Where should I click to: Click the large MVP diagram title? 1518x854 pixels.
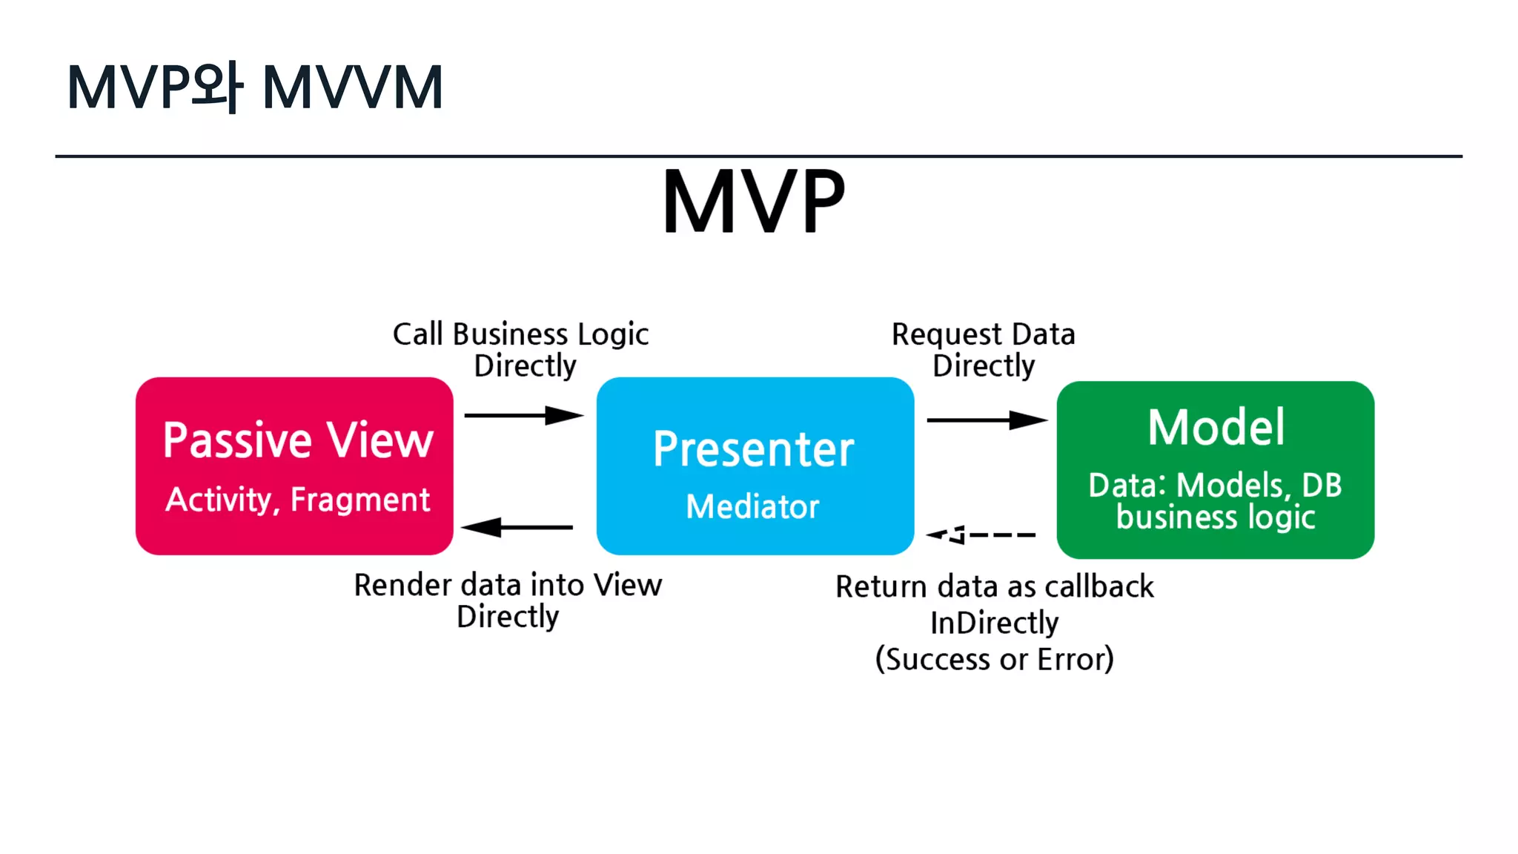pyautogui.click(x=753, y=202)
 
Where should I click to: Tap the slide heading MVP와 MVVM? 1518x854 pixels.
pyautogui.click(x=255, y=87)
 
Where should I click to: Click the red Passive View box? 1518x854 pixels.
pyautogui.click(x=294, y=466)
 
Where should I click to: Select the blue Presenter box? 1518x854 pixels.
pyautogui.click(x=755, y=466)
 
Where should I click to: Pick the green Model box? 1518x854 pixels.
pyautogui.click(x=1215, y=469)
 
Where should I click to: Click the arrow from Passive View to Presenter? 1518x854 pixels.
pyautogui.click(x=523, y=415)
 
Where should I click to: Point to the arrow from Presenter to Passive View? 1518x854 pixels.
pyautogui.click(x=517, y=527)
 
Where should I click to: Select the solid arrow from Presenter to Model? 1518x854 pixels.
pyautogui.click(x=986, y=420)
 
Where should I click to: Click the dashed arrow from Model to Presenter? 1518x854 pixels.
pyautogui.click(x=981, y=534)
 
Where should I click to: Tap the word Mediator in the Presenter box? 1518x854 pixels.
pyautogui.click(x=752, y=507)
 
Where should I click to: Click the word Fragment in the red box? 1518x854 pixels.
pyautogui.click(x=360, y=500)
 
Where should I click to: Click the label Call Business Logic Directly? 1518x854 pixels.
pyautogui.click(x=521, y=350)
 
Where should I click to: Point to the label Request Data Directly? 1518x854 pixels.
pyautogui.click(x=984, y=350)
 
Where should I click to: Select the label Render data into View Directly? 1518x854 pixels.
pyautogui.click(x=508, y=600)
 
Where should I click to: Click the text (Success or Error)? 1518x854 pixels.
pyautogui.click(x=994, y=658)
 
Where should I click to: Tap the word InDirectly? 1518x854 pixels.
pyautogui.click(x=994, y=623)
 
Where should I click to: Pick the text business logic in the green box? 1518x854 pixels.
pyautogui.click(x=1216, y=517)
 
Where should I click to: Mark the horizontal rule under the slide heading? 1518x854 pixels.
pyautogui.click(x=758, y=156)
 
